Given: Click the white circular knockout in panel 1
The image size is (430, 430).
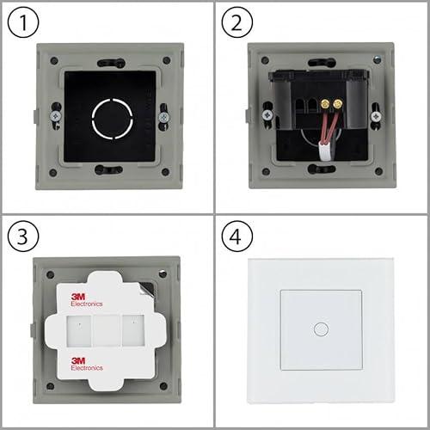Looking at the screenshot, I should (x=108, y=117).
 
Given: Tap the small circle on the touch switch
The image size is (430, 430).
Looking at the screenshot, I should (x=321, y=329).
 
